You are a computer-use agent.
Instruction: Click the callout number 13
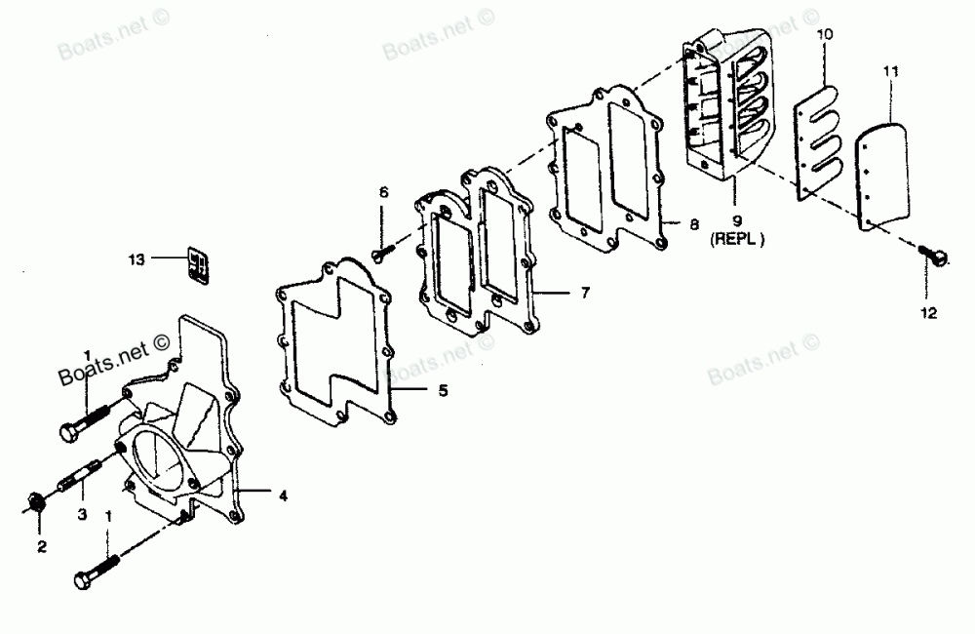point(136,259)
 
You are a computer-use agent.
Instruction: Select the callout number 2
point(42,547)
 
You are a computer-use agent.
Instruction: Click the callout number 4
point(283,495)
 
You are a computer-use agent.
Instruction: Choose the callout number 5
point(443,391)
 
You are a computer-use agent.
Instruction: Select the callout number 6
point(383,193)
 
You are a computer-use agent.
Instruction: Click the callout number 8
point(693,224)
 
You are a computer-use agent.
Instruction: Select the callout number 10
point(825,36)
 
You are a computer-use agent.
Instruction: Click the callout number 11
point(891,71)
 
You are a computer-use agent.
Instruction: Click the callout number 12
point(926,313)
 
